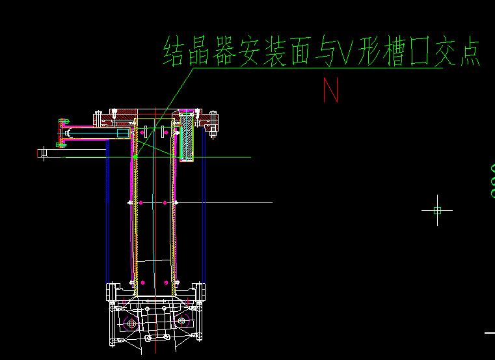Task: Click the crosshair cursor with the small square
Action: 437,210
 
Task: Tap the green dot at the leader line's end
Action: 135,156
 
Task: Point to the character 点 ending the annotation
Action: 466,52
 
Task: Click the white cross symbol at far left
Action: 44,154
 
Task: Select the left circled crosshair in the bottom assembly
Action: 131,323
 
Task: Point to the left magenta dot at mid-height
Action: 141,203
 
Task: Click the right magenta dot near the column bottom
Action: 166,283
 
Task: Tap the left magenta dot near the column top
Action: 142,132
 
